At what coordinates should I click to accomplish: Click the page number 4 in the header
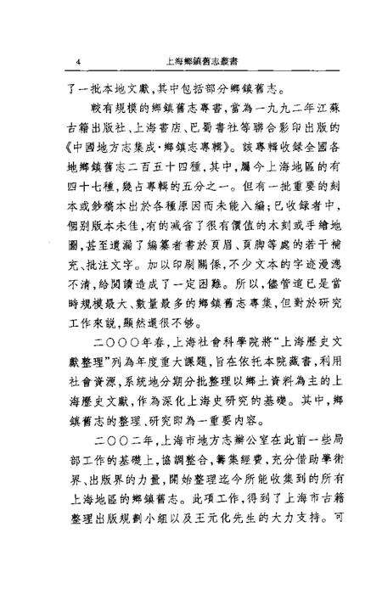[77, 61]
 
